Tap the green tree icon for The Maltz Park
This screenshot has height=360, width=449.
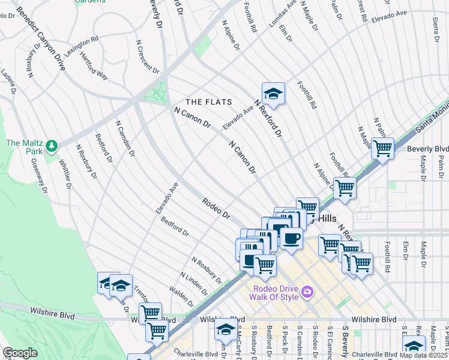(52, 145)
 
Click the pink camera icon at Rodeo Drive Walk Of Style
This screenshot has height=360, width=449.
(307, 292)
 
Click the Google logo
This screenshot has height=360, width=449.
(20, 353)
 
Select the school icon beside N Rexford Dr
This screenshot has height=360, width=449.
(273, 94)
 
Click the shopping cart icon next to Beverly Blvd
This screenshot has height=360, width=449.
(382, 148)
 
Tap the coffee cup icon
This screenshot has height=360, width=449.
(291, 238)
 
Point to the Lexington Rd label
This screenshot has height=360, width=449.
(81, 47)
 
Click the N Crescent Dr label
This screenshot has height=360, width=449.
(147, 57)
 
